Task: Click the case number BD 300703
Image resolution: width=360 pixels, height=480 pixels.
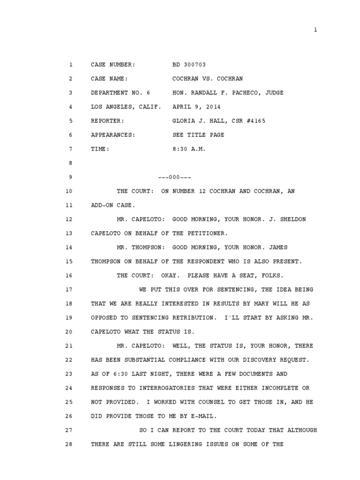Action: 189,65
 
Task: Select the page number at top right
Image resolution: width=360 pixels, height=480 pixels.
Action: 315,30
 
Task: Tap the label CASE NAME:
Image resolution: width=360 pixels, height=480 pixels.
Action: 109,79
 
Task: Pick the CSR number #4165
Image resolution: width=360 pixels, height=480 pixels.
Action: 254,121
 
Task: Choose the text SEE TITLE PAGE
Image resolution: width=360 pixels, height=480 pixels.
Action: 198,135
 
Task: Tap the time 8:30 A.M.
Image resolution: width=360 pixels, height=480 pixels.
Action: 189,149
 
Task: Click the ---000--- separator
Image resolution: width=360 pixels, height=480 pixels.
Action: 174,177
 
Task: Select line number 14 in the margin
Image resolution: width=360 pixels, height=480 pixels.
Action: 69,247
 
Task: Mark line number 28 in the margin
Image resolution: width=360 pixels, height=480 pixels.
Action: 69,444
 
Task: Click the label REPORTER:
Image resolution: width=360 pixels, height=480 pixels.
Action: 107,121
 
